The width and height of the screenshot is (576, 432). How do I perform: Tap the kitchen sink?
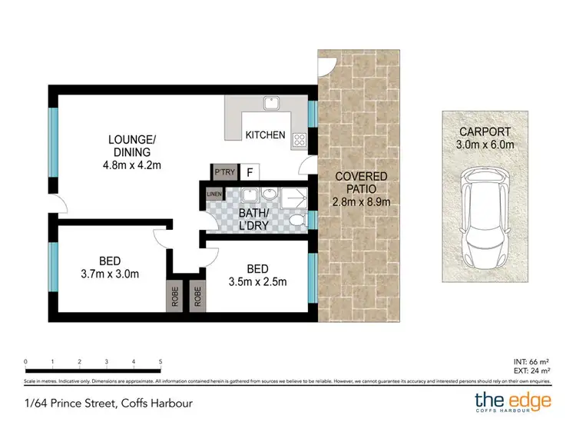click(x=270, y=104)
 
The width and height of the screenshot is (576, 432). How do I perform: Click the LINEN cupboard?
click(x=213, y=194)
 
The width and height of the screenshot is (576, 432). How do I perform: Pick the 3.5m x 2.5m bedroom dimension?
click(x=257, y=281)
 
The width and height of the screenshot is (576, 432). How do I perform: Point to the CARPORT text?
click(x=484, y=131)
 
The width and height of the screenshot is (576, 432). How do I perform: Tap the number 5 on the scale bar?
click(x=161, y=361)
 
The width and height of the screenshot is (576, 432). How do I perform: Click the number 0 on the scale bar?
click(x=26, y=361)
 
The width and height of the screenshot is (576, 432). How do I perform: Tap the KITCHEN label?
click(x=265, y=135)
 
